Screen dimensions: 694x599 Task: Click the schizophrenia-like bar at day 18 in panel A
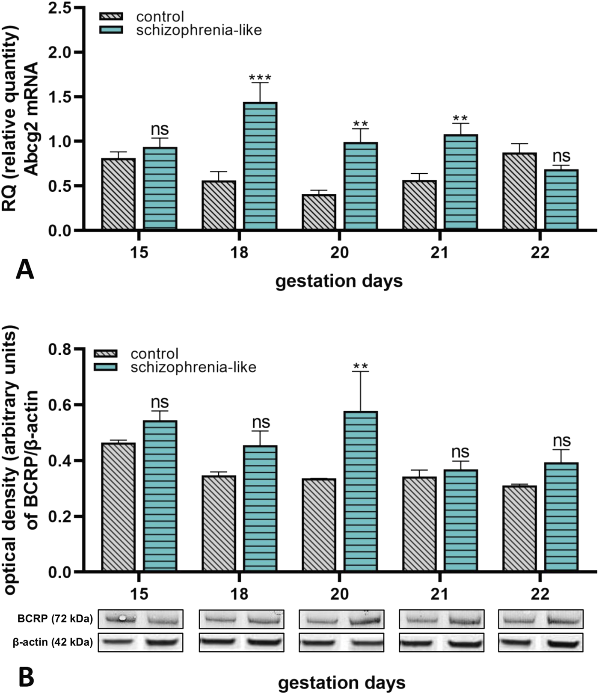260,166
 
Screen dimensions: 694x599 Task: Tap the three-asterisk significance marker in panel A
260,78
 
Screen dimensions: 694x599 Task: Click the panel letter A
24,270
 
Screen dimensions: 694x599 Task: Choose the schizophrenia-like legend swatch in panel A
111,30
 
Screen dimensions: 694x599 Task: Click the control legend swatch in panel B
105,354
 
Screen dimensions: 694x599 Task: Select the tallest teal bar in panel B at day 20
361,491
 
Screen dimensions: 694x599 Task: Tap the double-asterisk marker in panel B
361,367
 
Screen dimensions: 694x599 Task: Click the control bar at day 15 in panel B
119,507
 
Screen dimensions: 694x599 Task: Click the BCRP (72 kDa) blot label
55,619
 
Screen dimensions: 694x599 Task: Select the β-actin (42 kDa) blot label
53,642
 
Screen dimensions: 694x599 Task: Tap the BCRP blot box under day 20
341,619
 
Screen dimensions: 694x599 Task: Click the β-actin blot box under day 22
540,642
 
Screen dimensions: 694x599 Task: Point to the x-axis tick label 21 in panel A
439,252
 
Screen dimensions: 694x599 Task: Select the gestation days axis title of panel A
339,282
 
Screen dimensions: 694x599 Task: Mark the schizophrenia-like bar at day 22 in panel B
561,517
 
